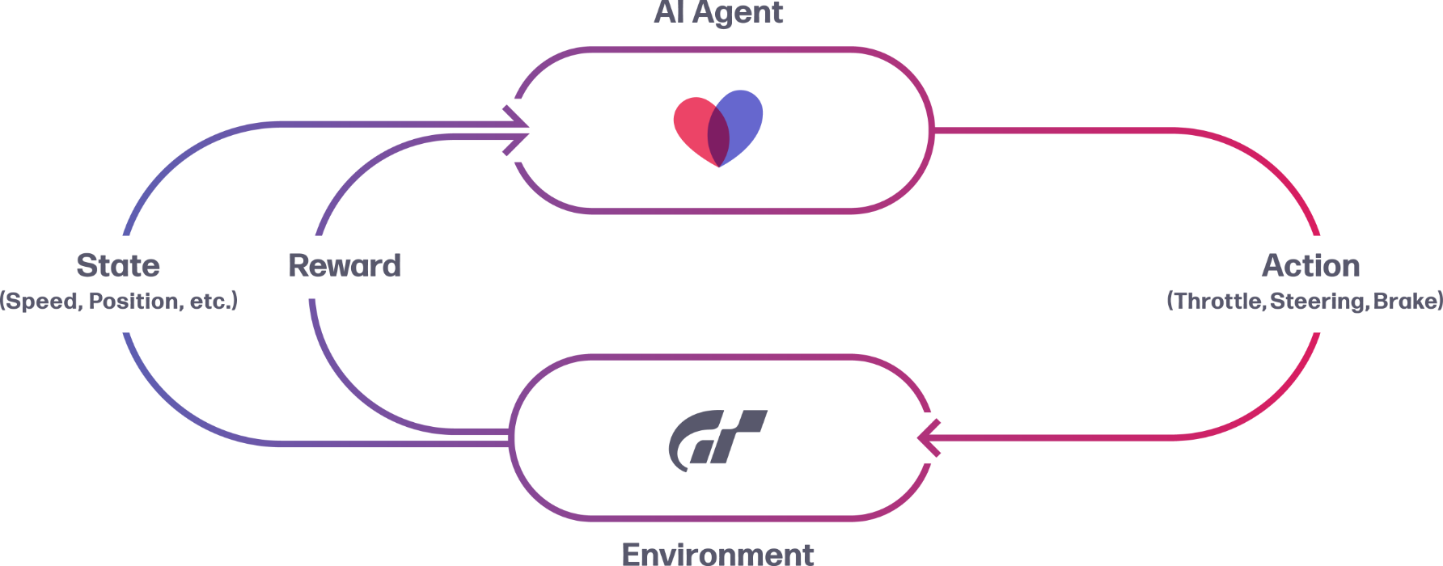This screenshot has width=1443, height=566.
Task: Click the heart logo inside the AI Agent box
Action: tap(718, 129)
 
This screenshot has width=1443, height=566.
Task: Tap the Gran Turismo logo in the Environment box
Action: tap(717, 439)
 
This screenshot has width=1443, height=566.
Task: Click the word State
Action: tap(118, 265)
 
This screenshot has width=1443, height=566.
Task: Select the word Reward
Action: tap(345, 265)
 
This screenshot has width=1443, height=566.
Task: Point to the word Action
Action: tap(1310, 265)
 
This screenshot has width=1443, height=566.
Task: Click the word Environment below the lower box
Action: tap(718, 554)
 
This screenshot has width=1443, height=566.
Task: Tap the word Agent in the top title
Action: tap(737, 13)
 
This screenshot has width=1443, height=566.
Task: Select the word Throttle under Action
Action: tap(1217, 302)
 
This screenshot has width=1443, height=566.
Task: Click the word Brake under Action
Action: tap(1405, 302)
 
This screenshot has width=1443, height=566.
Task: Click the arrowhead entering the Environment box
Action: tap(926, 438)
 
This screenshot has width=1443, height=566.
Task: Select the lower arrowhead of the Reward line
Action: tap(518, 142)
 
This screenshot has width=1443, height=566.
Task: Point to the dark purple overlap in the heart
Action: tap(718, 134)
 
